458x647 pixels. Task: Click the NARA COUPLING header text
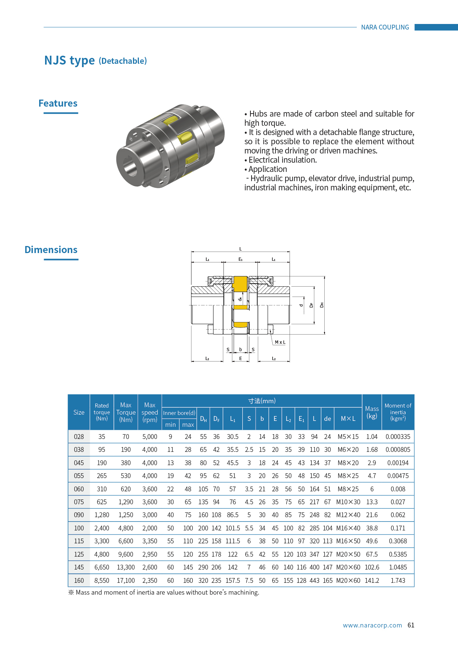(385, 27)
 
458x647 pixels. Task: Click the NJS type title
(69, 60)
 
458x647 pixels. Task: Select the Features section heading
(58, 103)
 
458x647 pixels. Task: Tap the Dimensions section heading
(51, 250)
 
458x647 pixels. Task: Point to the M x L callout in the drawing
(280, 342)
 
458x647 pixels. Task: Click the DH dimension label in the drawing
(322, 305)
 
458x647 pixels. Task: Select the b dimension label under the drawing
(240, 350)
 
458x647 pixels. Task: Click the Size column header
(79, 412)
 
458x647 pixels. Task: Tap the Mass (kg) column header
(372, 412)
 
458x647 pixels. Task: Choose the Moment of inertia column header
(398, 412)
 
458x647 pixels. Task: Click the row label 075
(79, 502)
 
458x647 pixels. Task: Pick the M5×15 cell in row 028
(348, 437)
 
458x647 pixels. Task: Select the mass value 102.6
(372, 567)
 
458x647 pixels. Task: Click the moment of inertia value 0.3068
(398, 541)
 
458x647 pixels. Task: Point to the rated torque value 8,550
(102, 581)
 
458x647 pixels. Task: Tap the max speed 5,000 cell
(150, 437)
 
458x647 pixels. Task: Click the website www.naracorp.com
(372, 625)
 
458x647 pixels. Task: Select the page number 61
(411, 625)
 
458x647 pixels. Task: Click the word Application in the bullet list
(267, 169)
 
